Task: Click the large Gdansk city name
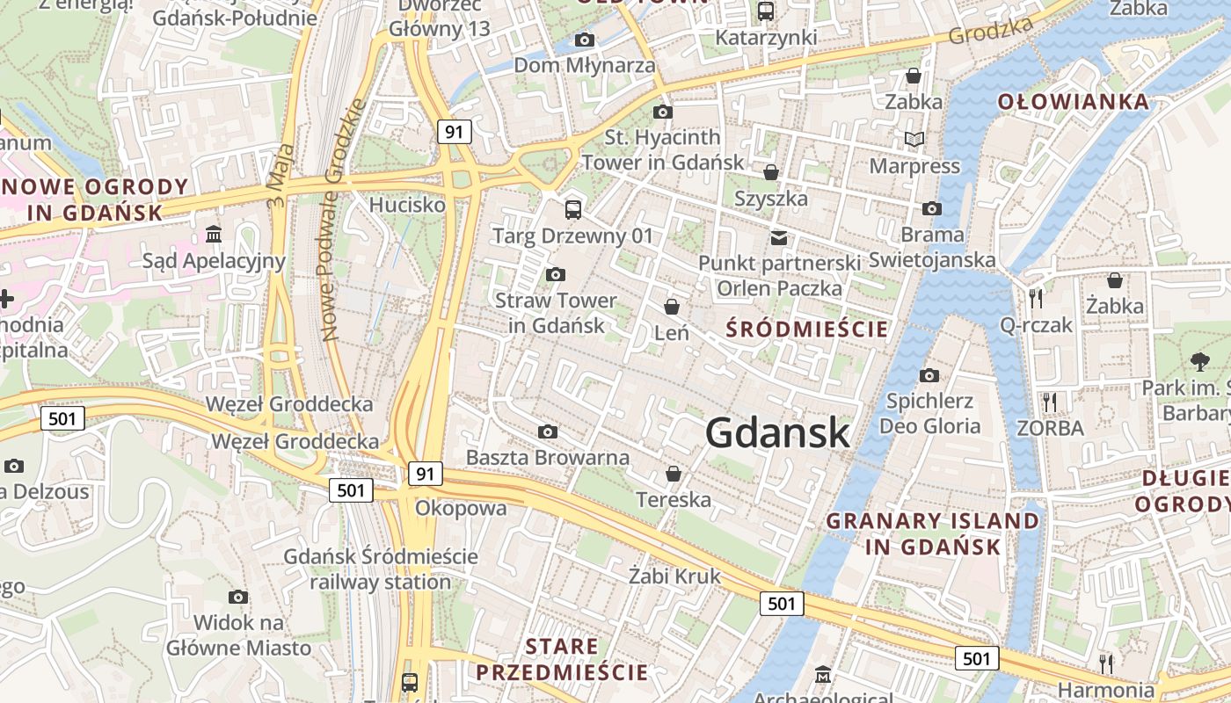coord(777,432)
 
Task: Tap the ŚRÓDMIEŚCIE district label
coord(807,330)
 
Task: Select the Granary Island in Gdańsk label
coord(933,533)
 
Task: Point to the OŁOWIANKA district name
coord(1073,102)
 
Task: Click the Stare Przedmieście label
coord(562,660)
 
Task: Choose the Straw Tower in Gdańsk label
coord(556,312)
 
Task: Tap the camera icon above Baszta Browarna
coord(548,431)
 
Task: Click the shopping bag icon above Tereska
coord(674,474)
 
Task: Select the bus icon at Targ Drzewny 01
coord(573,209)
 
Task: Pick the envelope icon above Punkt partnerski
coord(779,237)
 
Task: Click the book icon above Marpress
coord(914,139)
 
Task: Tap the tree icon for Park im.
coord(1199,360)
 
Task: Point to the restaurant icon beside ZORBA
coord(1049,402)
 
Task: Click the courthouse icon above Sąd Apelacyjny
coord(214,234)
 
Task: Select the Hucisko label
coord(407,205)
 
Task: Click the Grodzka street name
coord(991,31)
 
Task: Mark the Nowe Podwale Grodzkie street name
coord(343,220)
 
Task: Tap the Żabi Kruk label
coord(674,576)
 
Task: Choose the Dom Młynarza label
coord(584,65)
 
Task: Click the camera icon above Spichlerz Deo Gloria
coord(929,376)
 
